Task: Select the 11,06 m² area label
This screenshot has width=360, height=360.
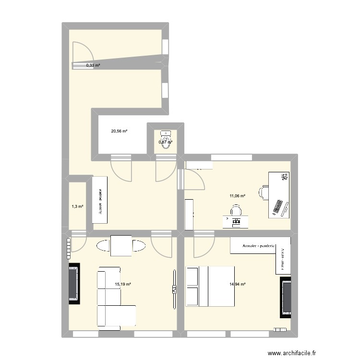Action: click(237, 196)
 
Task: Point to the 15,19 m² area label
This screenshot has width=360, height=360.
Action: click(123, 284)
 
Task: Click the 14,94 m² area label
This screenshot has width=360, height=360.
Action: click(238, 284)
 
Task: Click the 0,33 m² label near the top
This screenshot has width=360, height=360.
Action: click(93, 65)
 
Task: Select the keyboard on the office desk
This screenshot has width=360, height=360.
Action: click(277, 208)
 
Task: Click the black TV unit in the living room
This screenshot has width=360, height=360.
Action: click(74, 283)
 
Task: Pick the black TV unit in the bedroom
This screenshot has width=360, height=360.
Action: click(286, 298)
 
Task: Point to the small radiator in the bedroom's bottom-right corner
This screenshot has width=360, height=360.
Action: click(279, 330)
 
